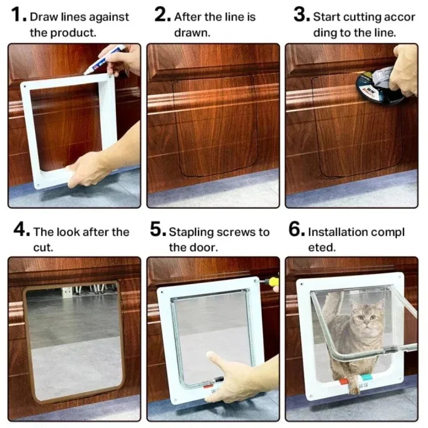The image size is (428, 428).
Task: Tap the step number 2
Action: coord(162,15)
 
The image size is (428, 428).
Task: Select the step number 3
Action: coord(301,15)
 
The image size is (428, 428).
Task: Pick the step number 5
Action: coord(158,231)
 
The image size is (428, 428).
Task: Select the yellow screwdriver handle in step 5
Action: coord(273,281)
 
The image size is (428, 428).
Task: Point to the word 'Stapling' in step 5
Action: coord(191,232)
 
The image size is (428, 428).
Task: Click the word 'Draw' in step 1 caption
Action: coord(42,17)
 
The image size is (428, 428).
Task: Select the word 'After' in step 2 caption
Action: coord(187,17)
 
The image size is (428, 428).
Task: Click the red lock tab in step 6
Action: coord(343,381)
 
